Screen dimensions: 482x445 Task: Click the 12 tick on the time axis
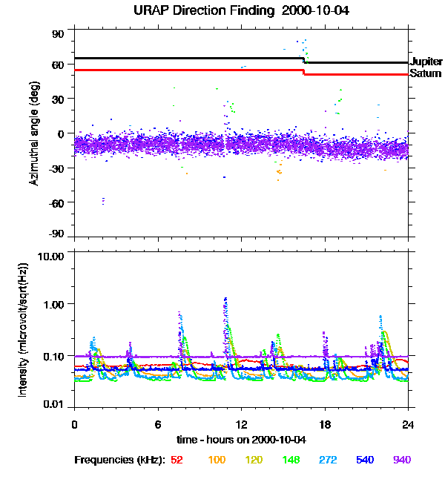tap(241, 424)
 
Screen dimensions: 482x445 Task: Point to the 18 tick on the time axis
tap(325, 424)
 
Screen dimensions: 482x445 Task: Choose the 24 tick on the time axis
tap(408, 424)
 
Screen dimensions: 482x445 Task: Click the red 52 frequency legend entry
tap(177, 460)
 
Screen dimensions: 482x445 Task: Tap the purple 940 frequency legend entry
tap(401, 460)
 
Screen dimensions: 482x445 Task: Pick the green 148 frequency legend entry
tap(290, 460)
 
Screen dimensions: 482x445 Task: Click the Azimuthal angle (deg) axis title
tap(34, 133)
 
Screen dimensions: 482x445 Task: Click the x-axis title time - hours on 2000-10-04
tap(241, 439)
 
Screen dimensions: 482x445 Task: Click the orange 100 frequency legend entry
tap(217, 460)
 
